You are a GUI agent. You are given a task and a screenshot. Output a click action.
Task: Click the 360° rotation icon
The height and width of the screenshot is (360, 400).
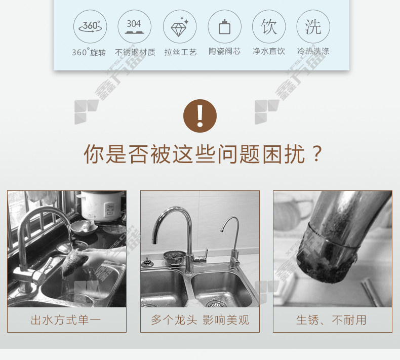[x=90, y=26]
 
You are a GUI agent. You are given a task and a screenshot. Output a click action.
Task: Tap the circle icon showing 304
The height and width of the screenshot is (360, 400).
[x=135, y=26]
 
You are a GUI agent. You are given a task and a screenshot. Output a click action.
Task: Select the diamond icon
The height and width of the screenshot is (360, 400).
[x=180, y=26]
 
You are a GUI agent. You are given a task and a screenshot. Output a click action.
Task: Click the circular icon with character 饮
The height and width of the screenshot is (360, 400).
[x=269, y=26]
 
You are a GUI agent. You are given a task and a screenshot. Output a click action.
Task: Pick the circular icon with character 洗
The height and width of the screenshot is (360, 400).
[x=313, y=26]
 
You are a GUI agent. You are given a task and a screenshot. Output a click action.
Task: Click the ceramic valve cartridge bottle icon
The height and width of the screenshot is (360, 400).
[x=224, y=26]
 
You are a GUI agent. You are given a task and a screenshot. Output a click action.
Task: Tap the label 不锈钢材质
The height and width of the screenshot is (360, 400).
[x=135, y=52]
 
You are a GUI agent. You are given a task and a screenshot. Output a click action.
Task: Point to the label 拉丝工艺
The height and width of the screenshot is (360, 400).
[x=180, y=52]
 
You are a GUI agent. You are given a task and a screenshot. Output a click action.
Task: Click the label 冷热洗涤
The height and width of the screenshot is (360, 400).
[x=313, y=51]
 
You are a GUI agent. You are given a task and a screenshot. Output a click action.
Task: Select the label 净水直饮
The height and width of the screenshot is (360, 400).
[x=269, y=51]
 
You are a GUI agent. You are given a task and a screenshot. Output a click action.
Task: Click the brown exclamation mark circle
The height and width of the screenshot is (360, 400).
[x=200, y=116]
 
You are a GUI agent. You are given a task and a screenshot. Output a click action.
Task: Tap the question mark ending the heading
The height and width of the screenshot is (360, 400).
[x=316, y=153]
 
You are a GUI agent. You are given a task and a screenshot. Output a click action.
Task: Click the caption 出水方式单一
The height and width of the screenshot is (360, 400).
[x=66, y=320]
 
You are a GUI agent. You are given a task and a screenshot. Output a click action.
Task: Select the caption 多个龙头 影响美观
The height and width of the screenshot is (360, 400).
[x=200, y=320]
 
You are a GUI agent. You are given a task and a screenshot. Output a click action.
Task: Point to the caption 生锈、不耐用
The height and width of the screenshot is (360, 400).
[x=331, y=320]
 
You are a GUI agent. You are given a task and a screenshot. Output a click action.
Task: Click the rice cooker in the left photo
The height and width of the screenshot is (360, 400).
[x=102, y=206]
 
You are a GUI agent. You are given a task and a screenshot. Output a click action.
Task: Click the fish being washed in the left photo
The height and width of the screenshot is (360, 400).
[x=75, y=261]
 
